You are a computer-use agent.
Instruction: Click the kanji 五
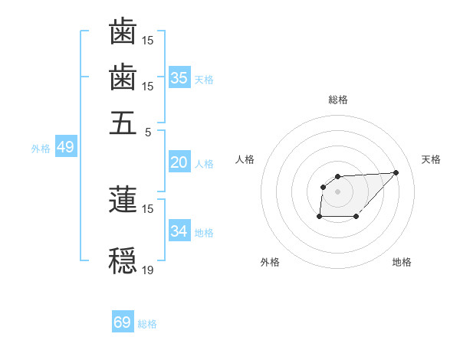pos(123,123)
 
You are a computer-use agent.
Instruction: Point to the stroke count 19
pos(149,270)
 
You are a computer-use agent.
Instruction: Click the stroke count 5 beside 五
pos(149,132)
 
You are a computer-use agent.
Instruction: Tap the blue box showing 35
pos(179,78)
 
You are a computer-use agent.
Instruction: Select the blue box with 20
pos(179,162)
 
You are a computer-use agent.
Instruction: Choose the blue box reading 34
pos(179,231)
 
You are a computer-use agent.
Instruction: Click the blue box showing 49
pos(65,148)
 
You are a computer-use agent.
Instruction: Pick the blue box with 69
pos(123,322)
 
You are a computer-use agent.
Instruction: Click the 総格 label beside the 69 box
pos(147,324)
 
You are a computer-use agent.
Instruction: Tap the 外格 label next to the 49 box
pos(41,149)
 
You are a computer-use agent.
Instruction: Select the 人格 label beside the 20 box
pos(204,164)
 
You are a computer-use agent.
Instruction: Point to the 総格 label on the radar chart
pos(338,100)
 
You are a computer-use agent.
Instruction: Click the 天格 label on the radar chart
pos(431,159)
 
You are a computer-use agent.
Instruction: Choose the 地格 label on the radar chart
pos(402,263)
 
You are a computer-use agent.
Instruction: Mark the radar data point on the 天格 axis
pos(396,172)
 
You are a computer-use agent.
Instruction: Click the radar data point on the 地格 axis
pos(356,217)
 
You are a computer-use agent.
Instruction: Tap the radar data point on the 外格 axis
pos(319,217)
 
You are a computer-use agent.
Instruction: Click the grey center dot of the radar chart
pos(338,191)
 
